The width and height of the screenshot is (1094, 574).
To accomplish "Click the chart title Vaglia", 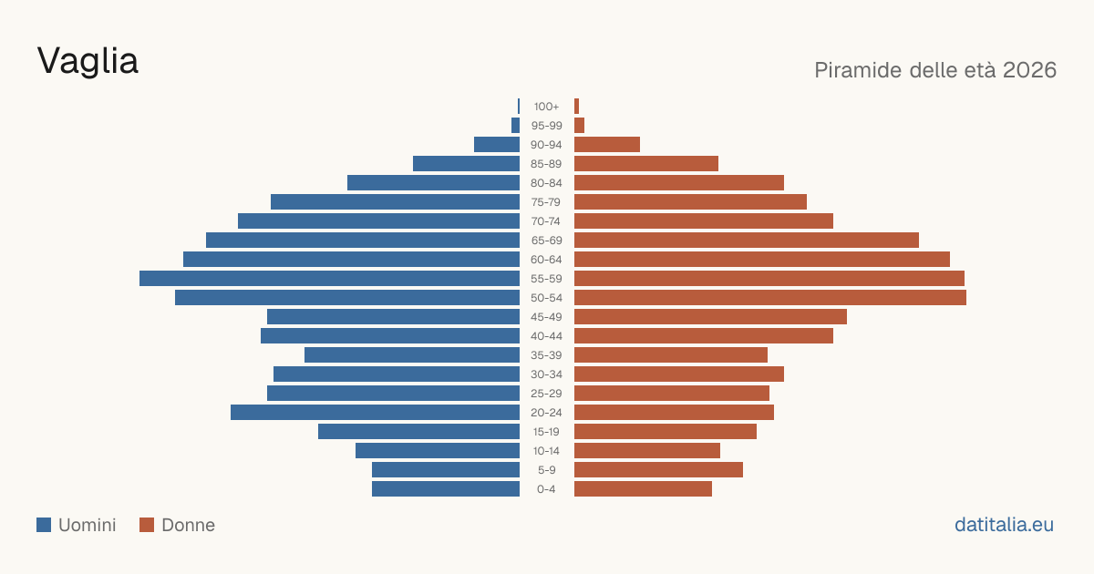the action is tap(88, 62).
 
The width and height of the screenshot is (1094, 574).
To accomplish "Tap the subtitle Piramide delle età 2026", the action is tap(935, 70).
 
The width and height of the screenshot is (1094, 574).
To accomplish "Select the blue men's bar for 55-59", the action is tap(330, 278).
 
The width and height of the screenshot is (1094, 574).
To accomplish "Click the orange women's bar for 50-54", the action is tap(770, 298).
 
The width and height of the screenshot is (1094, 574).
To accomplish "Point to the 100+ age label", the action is tap(546, 107).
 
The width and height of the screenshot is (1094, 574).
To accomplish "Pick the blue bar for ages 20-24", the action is tap(375, 413).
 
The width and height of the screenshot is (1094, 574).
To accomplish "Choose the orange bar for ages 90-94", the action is tap(607, 145).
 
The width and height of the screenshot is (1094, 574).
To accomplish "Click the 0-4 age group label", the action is tap(546, 489).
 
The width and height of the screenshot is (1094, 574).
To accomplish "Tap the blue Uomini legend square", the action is tap(44, 525).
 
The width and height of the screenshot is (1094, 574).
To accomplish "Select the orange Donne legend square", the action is tap(147, 525).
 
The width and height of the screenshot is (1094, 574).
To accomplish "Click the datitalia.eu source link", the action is tap(1004, 525).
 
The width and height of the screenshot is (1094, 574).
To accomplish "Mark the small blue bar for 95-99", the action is tap(515, 126).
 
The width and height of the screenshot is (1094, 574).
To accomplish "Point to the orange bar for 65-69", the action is tap(747, 241).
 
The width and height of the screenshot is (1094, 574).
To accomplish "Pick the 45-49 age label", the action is tap(546, 317).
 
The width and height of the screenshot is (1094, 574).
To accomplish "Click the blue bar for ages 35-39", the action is tap(412, 354).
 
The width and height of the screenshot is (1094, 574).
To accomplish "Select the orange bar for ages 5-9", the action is tap(658, 470).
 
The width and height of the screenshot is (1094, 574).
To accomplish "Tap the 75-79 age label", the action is tap(546, 202).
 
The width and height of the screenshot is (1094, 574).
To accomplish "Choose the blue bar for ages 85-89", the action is tap(467, 163).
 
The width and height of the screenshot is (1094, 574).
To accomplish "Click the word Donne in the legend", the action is tap(189, 525).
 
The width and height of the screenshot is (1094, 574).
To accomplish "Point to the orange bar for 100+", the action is tap(577, 107).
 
